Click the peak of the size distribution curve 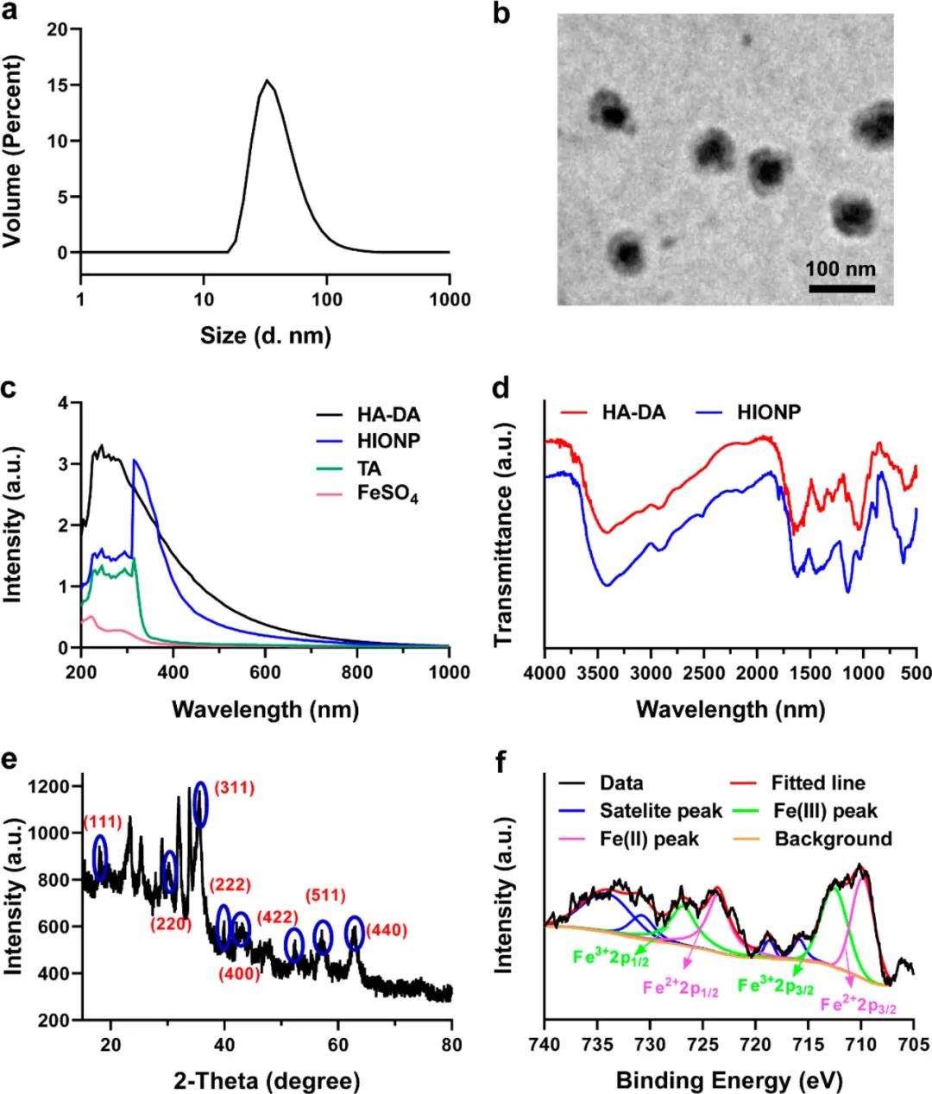(x=268, y=81)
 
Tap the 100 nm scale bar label (x=841, y=268)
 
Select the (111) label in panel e (x=102, y=820)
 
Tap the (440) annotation (x=386, y=930)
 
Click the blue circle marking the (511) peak (x=322, y=936)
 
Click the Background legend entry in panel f (x=833, y=839)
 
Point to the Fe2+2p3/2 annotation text (x=858, y=1004)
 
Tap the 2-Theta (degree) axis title (x=267, y=1080)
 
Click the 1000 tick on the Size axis (x=450, y=300)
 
